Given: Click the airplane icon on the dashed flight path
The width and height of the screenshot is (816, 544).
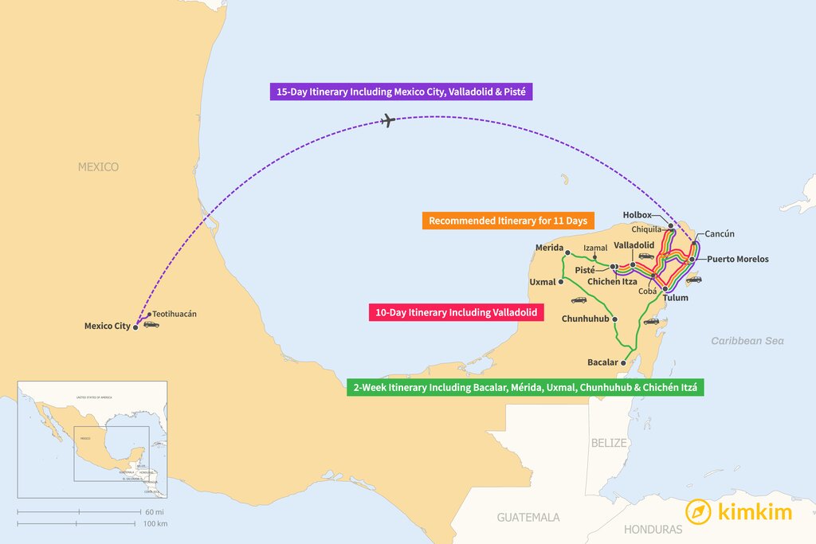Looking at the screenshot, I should pos(388,121).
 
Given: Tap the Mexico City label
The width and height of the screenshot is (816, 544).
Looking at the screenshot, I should pos(107,326).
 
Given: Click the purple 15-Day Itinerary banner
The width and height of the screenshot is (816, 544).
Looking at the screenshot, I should pos(400,92).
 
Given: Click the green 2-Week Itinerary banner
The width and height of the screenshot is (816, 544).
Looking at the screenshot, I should pos(525,389).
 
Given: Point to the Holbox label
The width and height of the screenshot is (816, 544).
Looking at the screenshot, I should pos(637,215).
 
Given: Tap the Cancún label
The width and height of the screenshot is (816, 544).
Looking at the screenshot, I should pos(720,233).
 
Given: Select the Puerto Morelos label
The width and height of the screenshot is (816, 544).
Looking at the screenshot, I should pos(737,259).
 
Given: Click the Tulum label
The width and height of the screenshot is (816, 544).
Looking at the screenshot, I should pos(675,298).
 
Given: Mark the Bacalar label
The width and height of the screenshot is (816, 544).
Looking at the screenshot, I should pos(602,362).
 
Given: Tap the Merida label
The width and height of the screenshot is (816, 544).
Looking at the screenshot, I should pos(549,247).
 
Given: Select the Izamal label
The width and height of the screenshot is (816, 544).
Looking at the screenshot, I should pos(595,248).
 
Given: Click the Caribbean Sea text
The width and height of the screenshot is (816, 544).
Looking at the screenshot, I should pos(747,341).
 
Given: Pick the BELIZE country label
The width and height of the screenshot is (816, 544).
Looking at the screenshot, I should pos(610,442).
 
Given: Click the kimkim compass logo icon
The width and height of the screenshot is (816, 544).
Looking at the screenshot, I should pos(699,511).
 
